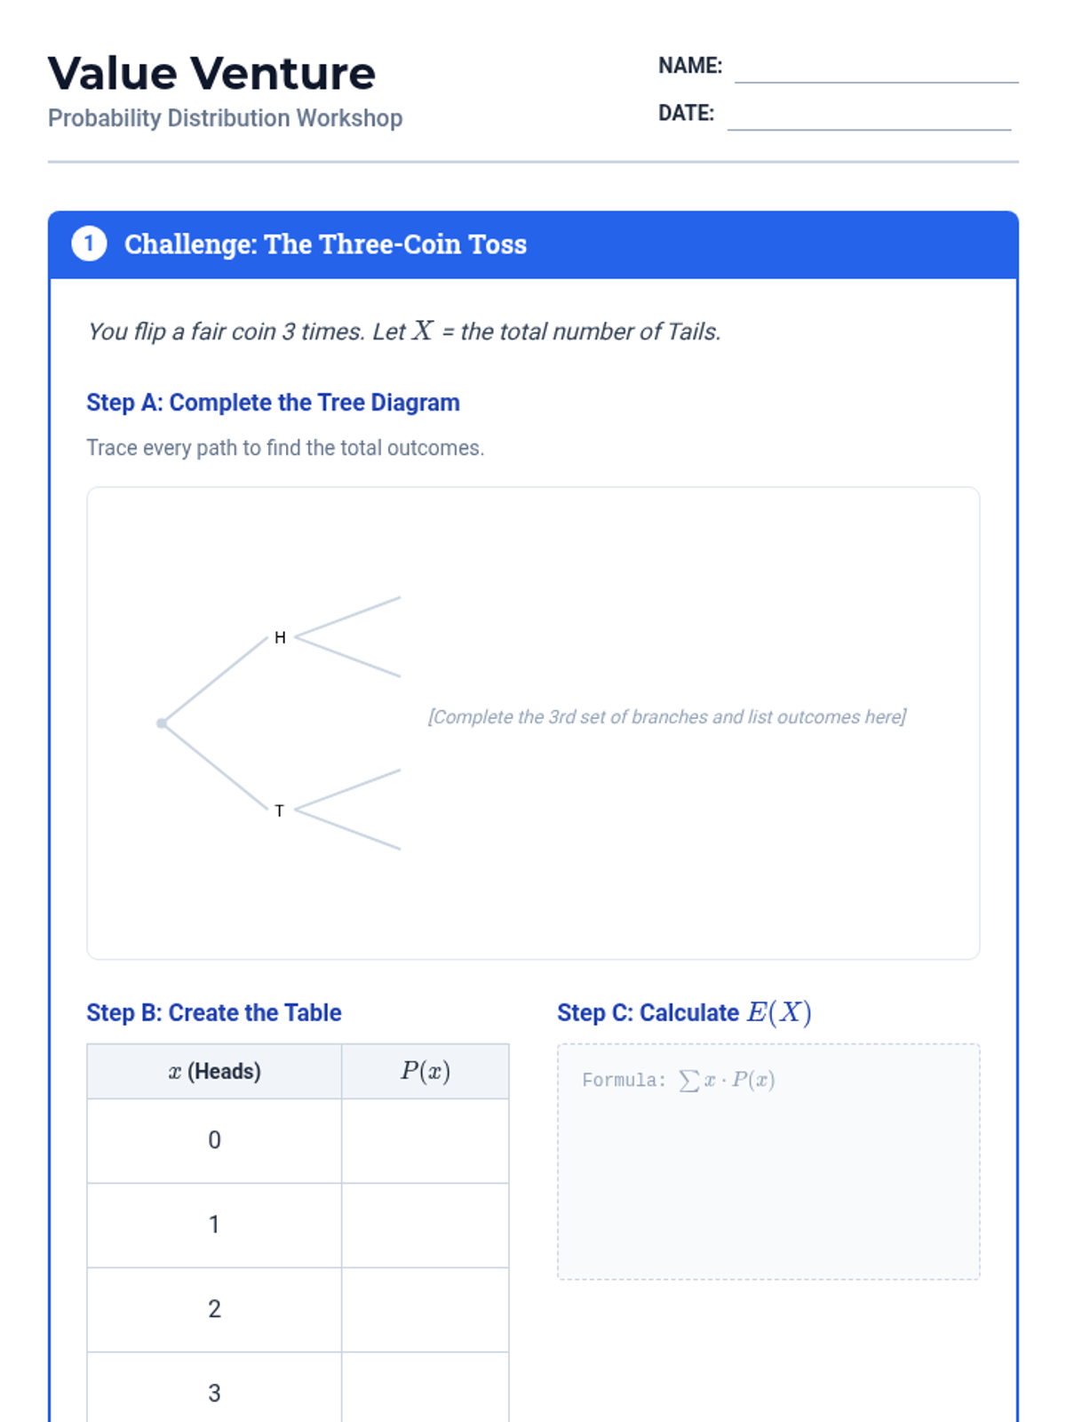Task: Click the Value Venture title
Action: pos(211,73)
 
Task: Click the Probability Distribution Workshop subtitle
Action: pos(226,118)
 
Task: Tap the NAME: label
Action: pos(690,66)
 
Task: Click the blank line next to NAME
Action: pos(877,83)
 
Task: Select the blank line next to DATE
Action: pos(870,130)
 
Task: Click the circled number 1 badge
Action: pos(90,244)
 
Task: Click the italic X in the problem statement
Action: pos(423,331)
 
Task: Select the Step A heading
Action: pos(273,403)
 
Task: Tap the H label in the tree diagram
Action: pos(280,637)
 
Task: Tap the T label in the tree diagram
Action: pos(280,811)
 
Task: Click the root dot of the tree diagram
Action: pos(162,723)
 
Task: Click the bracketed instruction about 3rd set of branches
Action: pos(666,716)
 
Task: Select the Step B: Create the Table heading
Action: pos(214,1012)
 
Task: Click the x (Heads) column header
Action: pos(214,1072)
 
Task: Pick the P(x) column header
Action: pos(426,1072)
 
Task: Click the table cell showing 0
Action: pos(214,1141)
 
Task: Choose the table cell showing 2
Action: pos(214,1309)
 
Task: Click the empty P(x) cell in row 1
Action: pos(426,1225)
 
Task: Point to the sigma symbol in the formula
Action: pos(688,1081)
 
